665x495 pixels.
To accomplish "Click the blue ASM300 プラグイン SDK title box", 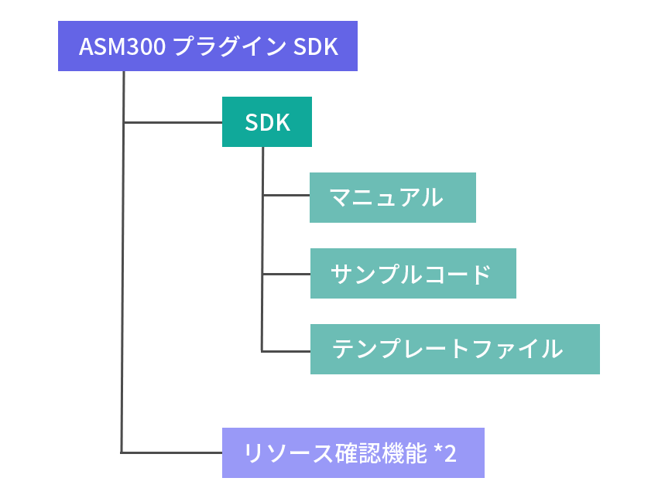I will pyautogui.click(x=207, y=46).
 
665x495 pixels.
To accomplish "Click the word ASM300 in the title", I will pyautogui.click(x=122, y=46).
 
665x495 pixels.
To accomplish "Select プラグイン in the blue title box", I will pyautogui.click(x=230, y=46).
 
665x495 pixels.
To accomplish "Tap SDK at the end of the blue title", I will pyautogui.click(x=317, y=46).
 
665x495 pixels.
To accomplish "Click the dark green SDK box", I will pyautogui.click(x=267, y=122).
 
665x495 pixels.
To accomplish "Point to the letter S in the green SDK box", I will pyautogui.click(x=250, y=122).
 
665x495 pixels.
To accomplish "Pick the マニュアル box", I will pyautogui.click(x=392, y=198).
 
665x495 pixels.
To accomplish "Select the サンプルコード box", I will pyautogui.click(x=413, y=274).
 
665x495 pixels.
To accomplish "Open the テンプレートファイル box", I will pyautogui.click(x=454, y=349).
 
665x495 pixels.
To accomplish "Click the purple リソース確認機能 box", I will pyautogui.click(x=354, y=452).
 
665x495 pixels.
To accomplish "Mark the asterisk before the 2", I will pyautogui.click(x=438, y=450).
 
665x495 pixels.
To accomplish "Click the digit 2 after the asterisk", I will pyautogui.click(x=451, y=452).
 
